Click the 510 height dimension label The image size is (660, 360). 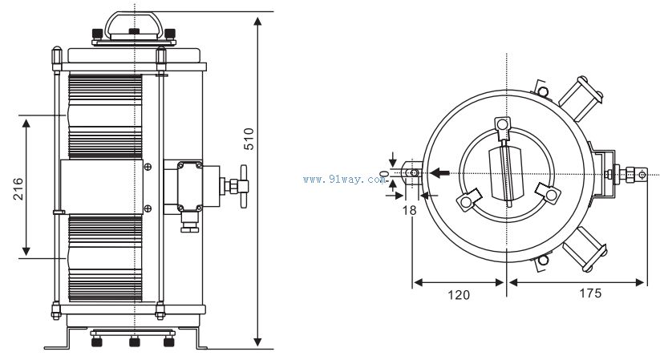click(x=249, y=140)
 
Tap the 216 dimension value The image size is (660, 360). click(x=18, y=187)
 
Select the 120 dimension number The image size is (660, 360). click(x=458, y=294)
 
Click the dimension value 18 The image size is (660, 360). click(x=411, y=208)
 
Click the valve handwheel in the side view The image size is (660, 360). click(x=243, y=185)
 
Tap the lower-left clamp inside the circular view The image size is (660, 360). click(x=468, y=200)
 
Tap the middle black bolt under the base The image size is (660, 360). click(x=133, y=340)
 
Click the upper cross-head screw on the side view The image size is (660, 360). click(x=148, y=167)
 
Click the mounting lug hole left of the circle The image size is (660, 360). click(x=413, y=173)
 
